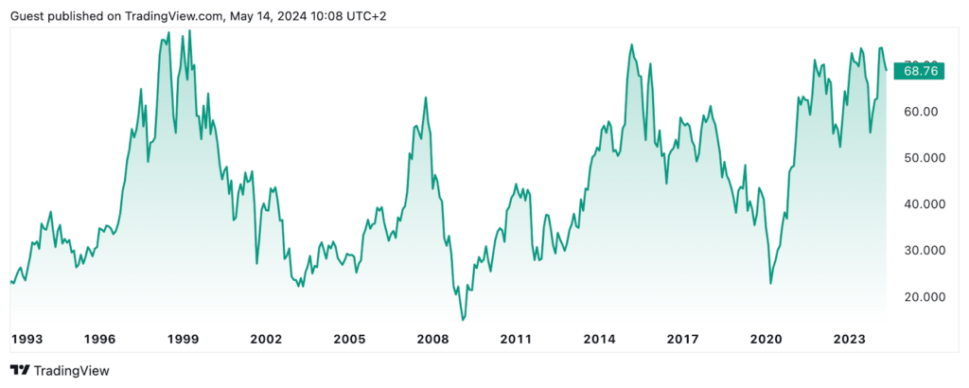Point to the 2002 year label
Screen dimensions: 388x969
pyautogui.click(x=266, y=339)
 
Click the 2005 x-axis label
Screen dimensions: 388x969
pyautogui.click(x=349, y=339)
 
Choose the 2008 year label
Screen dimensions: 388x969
pyautogui.click(x=432, y=339)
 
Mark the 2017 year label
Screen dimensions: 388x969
pyautogui.click(x=682, y=339)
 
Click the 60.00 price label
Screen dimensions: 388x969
pyautogui.click(x=921, y=112)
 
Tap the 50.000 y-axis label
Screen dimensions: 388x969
pyautogui.click(x=921, y=158)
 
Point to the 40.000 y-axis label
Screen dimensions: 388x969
pyautogui.click(x=921, y=204)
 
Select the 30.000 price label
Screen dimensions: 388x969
pyautogui.click(x=921, y=251)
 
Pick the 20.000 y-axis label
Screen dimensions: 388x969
pyautogui.click(x=921, y=297)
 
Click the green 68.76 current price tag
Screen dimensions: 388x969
pyautogui.click(x=920, y=70)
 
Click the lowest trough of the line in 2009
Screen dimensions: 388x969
pyautogui.click(x=463, y=320)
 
